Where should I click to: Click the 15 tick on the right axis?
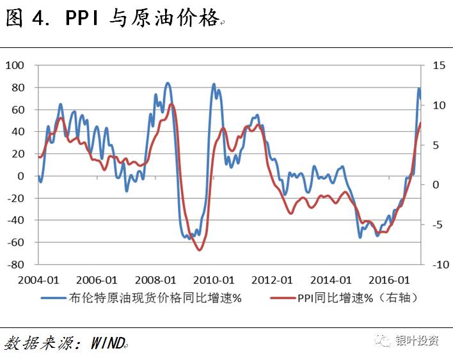(x=438, y=65)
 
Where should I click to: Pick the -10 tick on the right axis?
(x=438, y=264)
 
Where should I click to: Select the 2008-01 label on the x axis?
(x=155, y=280)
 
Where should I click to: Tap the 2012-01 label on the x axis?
(x=273, y=280)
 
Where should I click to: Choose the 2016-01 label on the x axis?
(x=390, y=280)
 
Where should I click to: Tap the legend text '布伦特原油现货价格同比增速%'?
(x=155, y=298)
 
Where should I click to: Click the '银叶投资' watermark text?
(x=417, y=341)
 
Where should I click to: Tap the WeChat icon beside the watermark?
(x=383, y=341)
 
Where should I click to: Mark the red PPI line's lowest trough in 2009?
(x=199, y=249)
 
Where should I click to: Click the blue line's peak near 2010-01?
(x=214, y=84)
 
